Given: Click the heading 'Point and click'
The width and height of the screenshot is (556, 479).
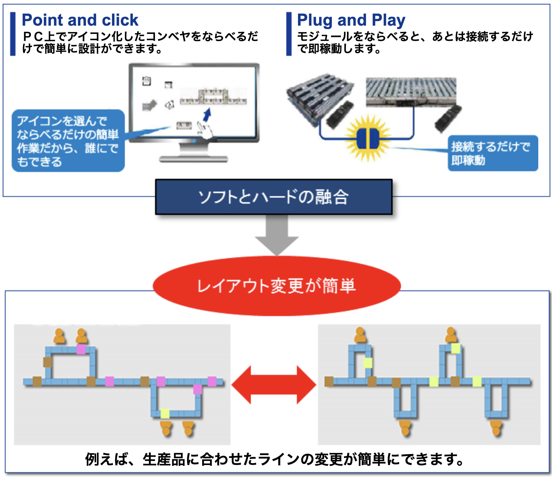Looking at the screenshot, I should (80, 20).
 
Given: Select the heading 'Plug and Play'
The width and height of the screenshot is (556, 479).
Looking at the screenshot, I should (351, 20).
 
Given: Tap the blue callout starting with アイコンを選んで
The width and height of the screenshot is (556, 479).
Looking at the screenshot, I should (68, 141).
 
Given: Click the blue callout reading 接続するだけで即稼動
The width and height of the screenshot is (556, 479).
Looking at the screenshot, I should (492, 153).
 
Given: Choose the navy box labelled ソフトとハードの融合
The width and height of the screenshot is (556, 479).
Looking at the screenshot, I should (274, 197).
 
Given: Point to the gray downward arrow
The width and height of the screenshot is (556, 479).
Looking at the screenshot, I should (277, 235).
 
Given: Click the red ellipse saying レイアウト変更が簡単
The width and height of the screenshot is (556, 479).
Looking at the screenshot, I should (276, 286).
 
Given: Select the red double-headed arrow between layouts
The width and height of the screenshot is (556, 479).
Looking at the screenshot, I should (274, 385).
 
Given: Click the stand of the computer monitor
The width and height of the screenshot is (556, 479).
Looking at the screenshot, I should (194, 153).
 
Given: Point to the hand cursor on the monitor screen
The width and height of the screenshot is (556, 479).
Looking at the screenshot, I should (204, 130).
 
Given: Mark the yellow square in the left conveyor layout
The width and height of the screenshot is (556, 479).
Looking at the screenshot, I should (165, 413).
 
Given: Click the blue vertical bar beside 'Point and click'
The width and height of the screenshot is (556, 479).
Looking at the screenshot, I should (13, 34).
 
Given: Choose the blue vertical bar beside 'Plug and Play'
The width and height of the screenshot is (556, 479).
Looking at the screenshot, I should (289, 34).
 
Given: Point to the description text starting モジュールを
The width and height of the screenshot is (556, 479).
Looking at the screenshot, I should (415, 42).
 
